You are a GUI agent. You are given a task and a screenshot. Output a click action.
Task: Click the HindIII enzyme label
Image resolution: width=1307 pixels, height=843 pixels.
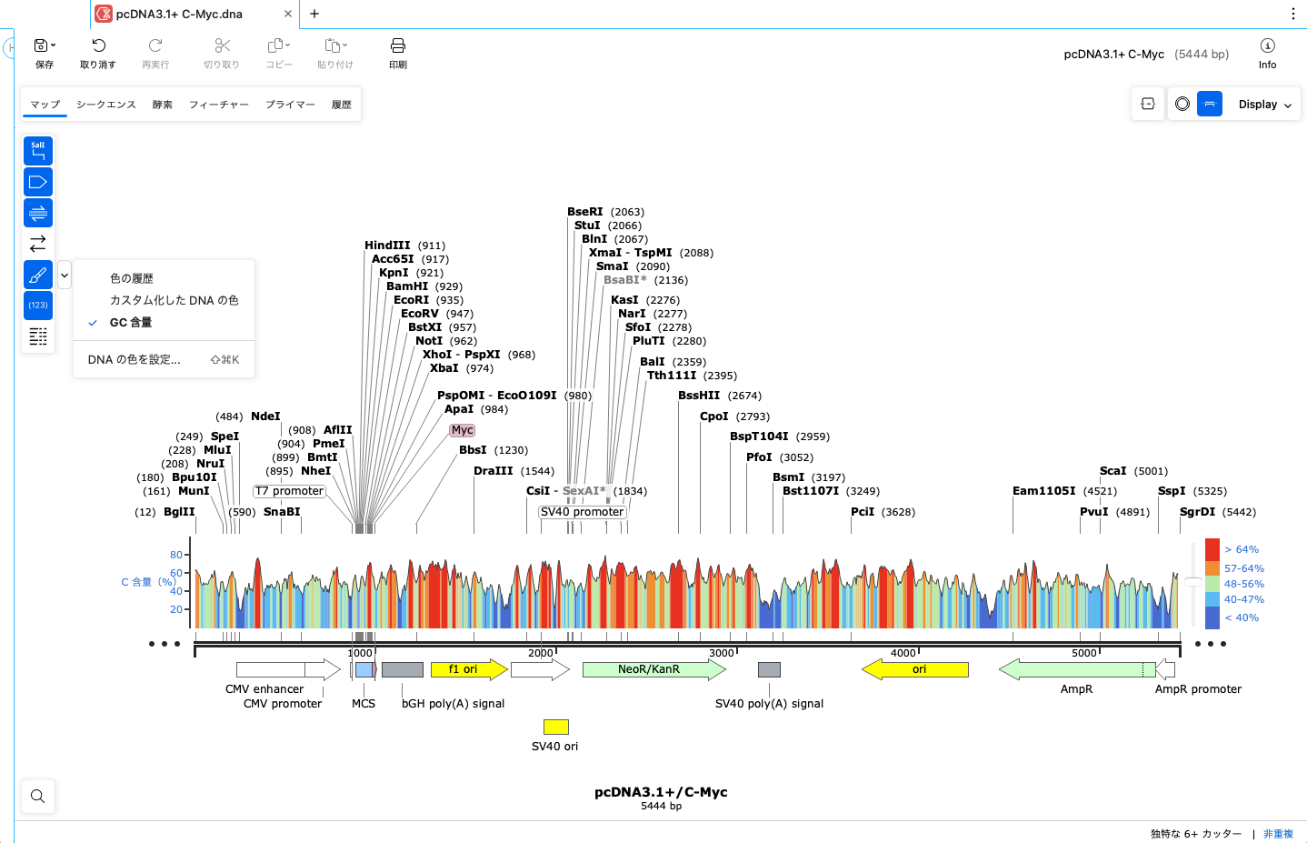coord(387,246)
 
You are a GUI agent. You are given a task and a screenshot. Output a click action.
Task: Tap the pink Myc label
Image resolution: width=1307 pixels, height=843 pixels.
coord(462,430)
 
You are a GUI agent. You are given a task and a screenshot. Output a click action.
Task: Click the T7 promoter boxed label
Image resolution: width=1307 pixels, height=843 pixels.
coord(289,491)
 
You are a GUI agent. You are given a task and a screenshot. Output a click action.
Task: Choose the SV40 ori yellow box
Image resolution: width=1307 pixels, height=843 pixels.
coord(555,727)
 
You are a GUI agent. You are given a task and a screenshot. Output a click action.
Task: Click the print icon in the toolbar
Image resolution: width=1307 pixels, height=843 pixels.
coord(397,52)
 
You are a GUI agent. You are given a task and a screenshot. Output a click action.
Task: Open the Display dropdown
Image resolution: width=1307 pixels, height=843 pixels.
coord(1264,105)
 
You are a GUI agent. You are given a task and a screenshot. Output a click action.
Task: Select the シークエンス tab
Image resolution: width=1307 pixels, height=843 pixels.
coord(106,105)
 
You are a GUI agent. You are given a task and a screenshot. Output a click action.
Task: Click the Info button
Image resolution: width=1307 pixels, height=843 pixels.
coord(1267,52)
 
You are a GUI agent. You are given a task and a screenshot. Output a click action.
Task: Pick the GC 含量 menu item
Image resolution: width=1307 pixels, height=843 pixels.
coord(131,323)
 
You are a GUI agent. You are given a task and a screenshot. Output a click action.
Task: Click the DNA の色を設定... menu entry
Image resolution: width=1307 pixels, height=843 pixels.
coord(135,360)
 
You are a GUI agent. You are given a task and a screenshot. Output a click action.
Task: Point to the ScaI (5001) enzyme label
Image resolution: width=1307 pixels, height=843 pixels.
coord(1113,471)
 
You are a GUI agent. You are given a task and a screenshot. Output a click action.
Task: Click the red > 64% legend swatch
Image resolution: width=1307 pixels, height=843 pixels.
coord(1212,549)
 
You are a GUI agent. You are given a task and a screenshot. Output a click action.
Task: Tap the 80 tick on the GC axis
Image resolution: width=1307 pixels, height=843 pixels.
coord(176,555)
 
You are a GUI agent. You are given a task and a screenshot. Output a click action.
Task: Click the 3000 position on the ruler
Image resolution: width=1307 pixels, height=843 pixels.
coord(721,653)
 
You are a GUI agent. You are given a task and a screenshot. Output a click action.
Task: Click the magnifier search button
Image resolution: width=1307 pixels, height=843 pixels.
coord(37,797)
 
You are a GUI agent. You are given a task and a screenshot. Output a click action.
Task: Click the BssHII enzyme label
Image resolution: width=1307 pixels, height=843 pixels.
coord(699,396)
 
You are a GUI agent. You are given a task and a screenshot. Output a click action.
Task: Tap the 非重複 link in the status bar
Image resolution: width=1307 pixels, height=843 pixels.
coord(1278,834)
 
